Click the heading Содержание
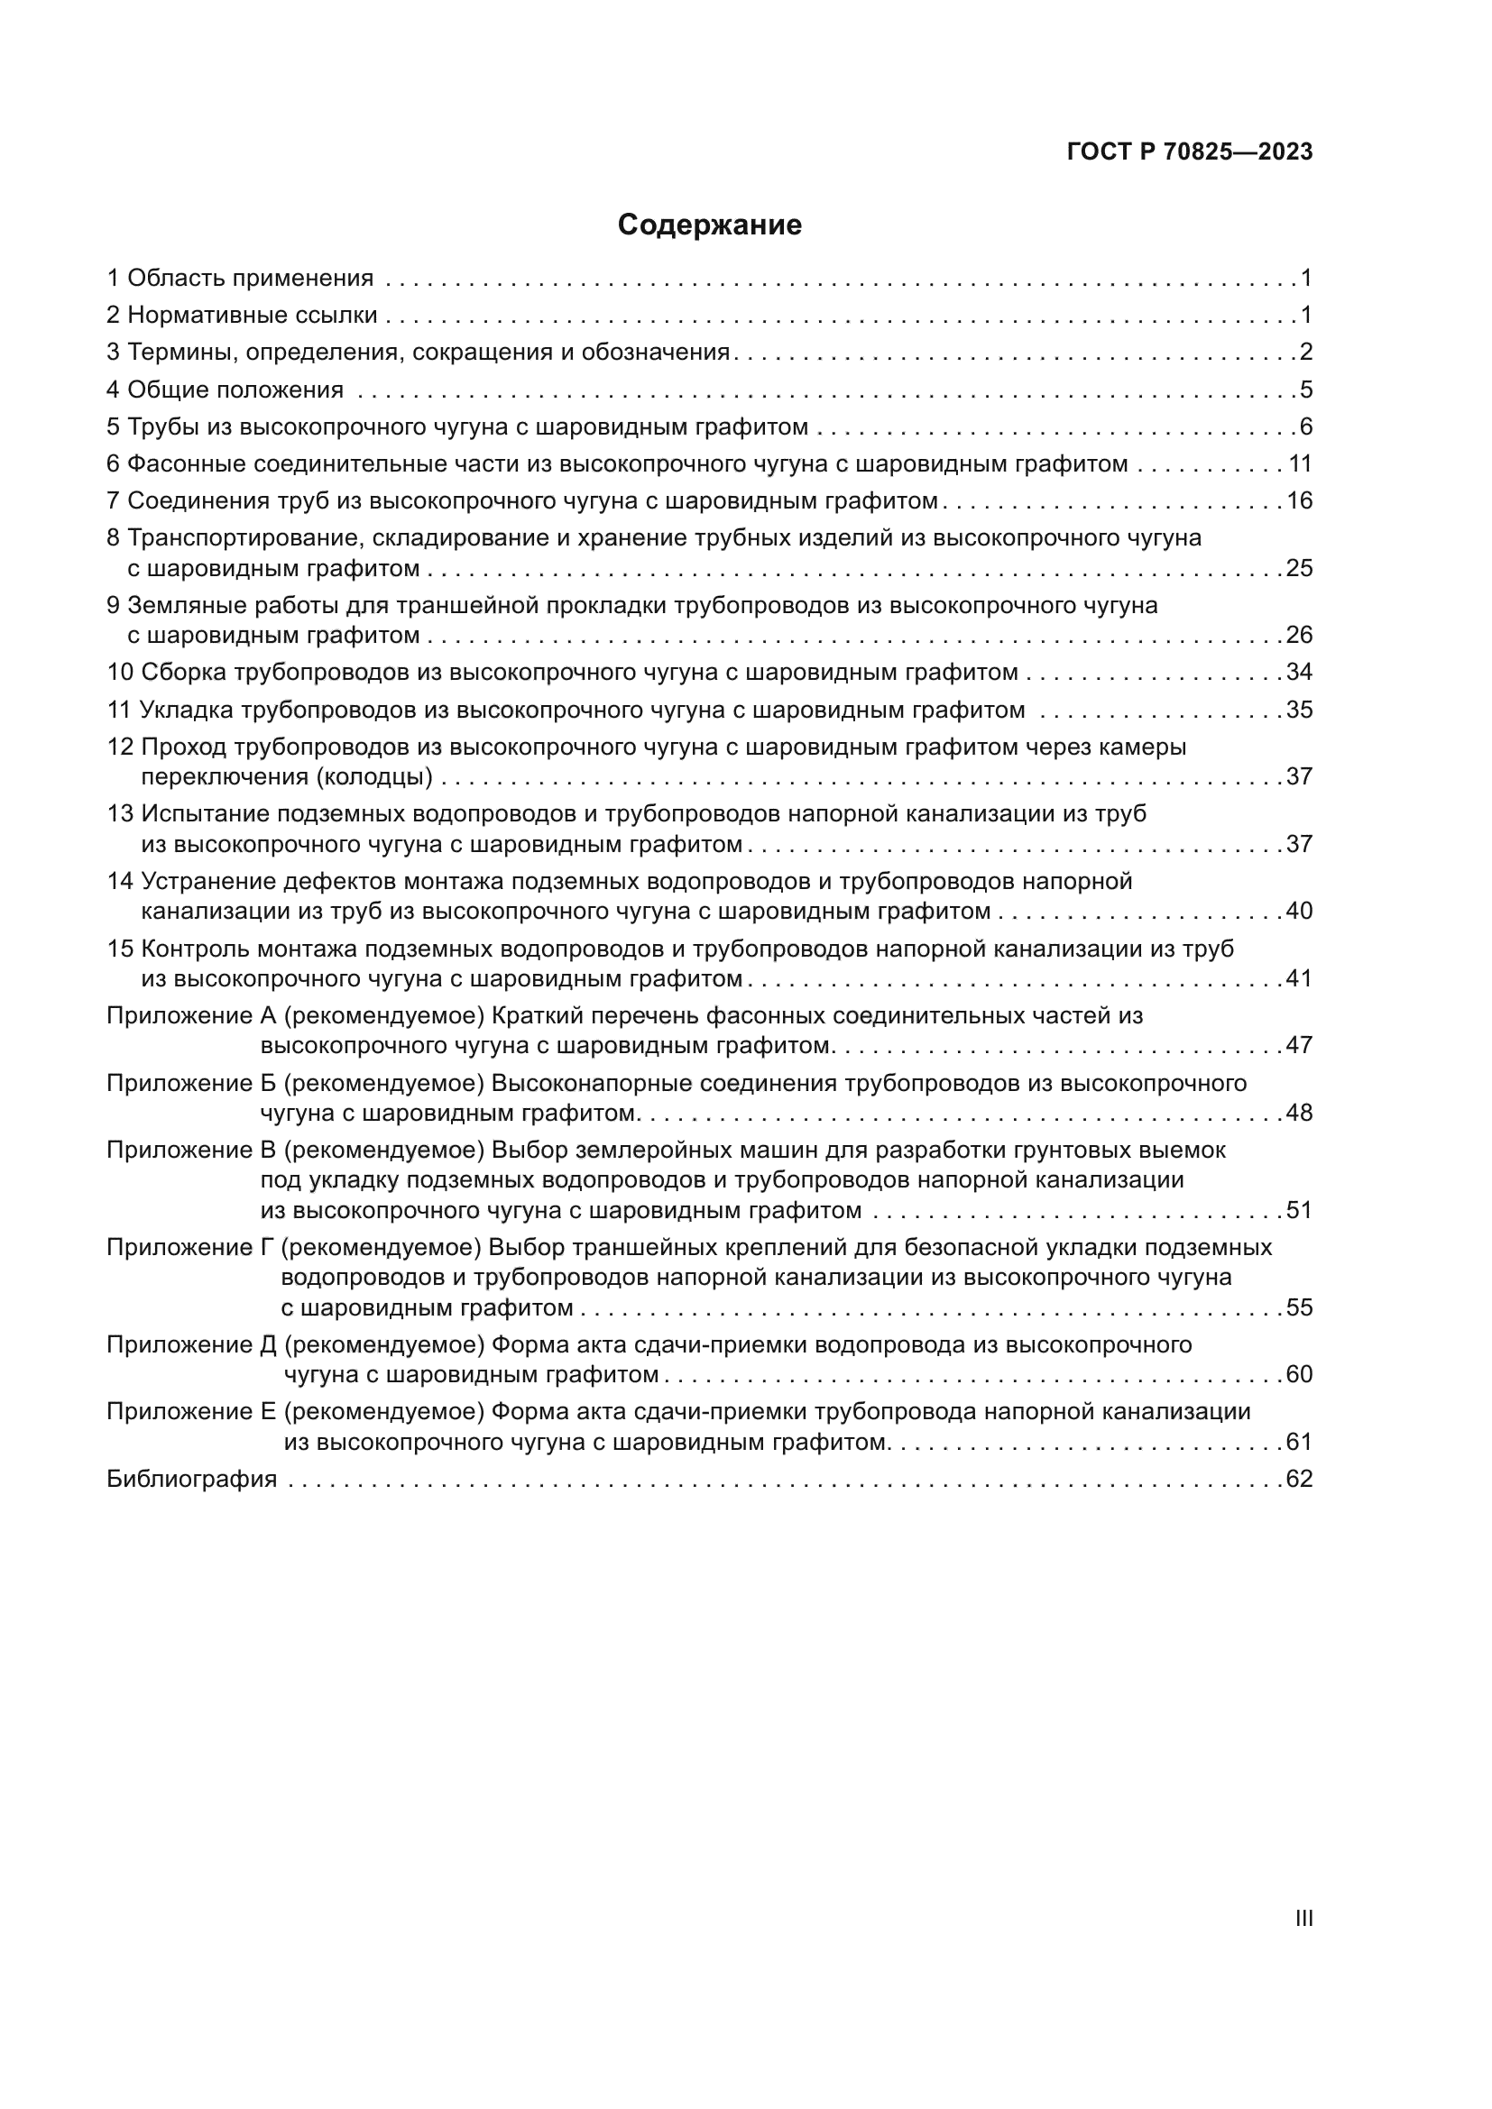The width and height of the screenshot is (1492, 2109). (x=709, y=225)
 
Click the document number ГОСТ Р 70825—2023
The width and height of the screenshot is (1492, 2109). (x=1190, y=152)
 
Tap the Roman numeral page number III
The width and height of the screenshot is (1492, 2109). (x=1303, y=1918)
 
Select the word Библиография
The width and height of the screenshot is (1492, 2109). (x=191, y=1479)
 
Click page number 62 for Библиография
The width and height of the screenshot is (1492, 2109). (x=1299, y=1479)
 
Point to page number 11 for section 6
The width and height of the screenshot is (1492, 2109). (x=1299, y=463)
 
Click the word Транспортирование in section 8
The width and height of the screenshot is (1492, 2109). (x=242, y=537)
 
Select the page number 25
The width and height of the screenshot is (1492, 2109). (x=1299, y=569)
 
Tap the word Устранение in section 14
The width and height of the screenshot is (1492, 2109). (x=207, y=882)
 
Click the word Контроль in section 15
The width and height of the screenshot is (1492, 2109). (x=195, y=949)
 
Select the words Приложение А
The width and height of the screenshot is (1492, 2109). (x=191, y=1016)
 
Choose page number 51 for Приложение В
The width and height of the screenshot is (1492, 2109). (x=1299, y=1211)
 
